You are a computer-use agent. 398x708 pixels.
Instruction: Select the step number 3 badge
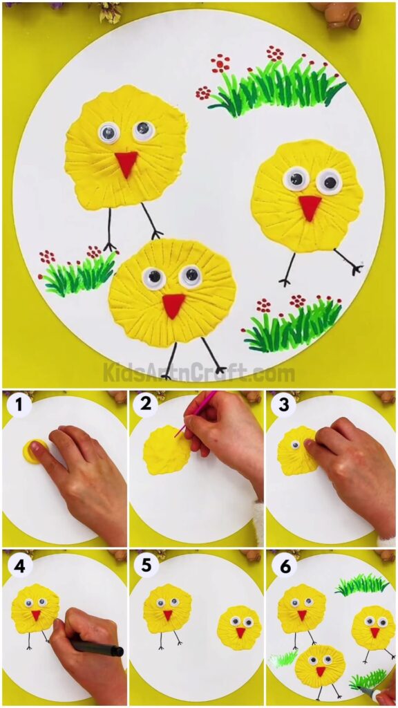[283, 405]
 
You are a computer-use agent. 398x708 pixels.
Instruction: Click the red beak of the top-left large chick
[126, 164]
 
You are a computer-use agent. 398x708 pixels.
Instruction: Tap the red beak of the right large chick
[310, 206]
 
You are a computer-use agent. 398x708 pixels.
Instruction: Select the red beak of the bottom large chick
[173, 304]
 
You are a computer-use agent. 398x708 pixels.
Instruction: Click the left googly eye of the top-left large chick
[108, 132]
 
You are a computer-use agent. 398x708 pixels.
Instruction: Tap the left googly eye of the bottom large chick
[153, 279]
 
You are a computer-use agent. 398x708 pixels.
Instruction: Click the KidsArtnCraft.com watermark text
[199, 374]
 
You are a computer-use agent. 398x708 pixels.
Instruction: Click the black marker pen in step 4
[97, 648]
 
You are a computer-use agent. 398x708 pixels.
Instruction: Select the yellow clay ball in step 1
[35, 451]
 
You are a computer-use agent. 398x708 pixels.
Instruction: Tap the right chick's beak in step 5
[240, 632]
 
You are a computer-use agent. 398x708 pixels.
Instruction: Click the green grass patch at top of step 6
[361, 586]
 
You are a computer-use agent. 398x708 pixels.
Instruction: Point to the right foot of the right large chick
[355, 269]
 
